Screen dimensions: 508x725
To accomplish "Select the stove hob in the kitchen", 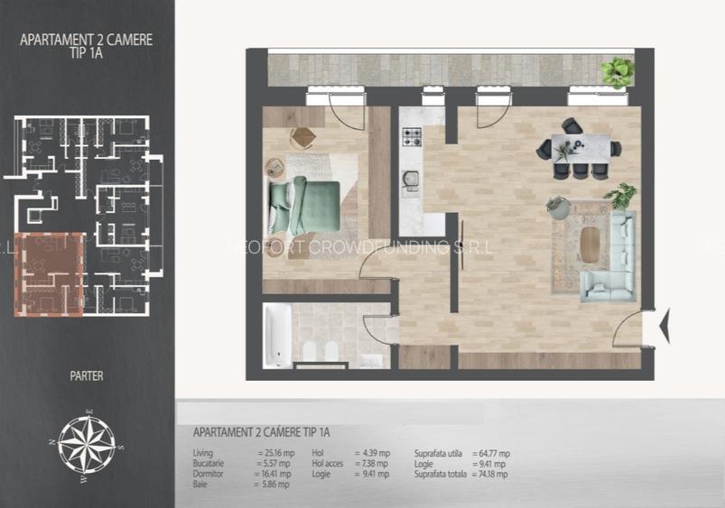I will coord(412,137).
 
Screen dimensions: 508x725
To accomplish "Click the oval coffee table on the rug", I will coord(591,241).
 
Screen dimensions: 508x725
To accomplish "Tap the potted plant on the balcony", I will coord(618,69).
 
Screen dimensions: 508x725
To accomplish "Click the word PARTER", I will coord(86,375).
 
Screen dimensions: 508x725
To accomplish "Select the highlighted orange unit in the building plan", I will coord(50,273).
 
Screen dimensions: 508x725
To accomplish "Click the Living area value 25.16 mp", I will coord(273,453).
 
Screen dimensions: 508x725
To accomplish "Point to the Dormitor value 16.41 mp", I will coord(273,474).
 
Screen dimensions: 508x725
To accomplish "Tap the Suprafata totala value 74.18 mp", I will coord(490,474).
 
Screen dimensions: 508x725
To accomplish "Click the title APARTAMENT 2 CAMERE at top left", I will coord(86,40).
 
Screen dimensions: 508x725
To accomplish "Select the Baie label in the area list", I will coord(200,485).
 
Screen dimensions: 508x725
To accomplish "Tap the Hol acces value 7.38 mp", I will coord(372,464).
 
